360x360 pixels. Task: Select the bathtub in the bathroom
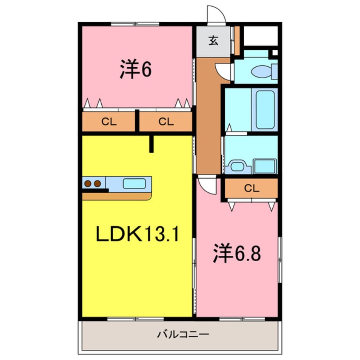click(x=264, y=110)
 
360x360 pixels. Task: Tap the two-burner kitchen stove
click(x=93, y=183)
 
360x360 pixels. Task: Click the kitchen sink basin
click(x=134, y=183)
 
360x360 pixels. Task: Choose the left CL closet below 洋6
click(x=109, y=122)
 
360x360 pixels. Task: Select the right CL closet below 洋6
click(x=166, y=122)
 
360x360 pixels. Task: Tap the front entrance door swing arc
click(x=216, y=15)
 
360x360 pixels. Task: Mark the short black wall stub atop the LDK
click(x=151, y=144)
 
